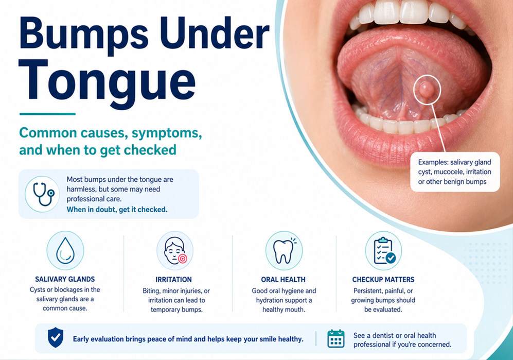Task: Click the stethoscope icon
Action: (43, 194)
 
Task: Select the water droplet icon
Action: (65, 251)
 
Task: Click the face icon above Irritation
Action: (175, 251)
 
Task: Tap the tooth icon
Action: (284, 251)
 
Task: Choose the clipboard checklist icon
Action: (383, 251)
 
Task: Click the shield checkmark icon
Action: (56, 337)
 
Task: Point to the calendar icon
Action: (336, 338)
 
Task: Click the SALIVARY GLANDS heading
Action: (65, 279)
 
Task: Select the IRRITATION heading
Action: (174, 280)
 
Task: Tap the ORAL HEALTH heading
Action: (284, 280)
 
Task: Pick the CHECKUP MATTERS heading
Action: (383, 280)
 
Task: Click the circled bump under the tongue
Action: (426, 90)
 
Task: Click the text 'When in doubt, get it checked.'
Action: (117, 210)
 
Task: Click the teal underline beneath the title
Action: (47, 114)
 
